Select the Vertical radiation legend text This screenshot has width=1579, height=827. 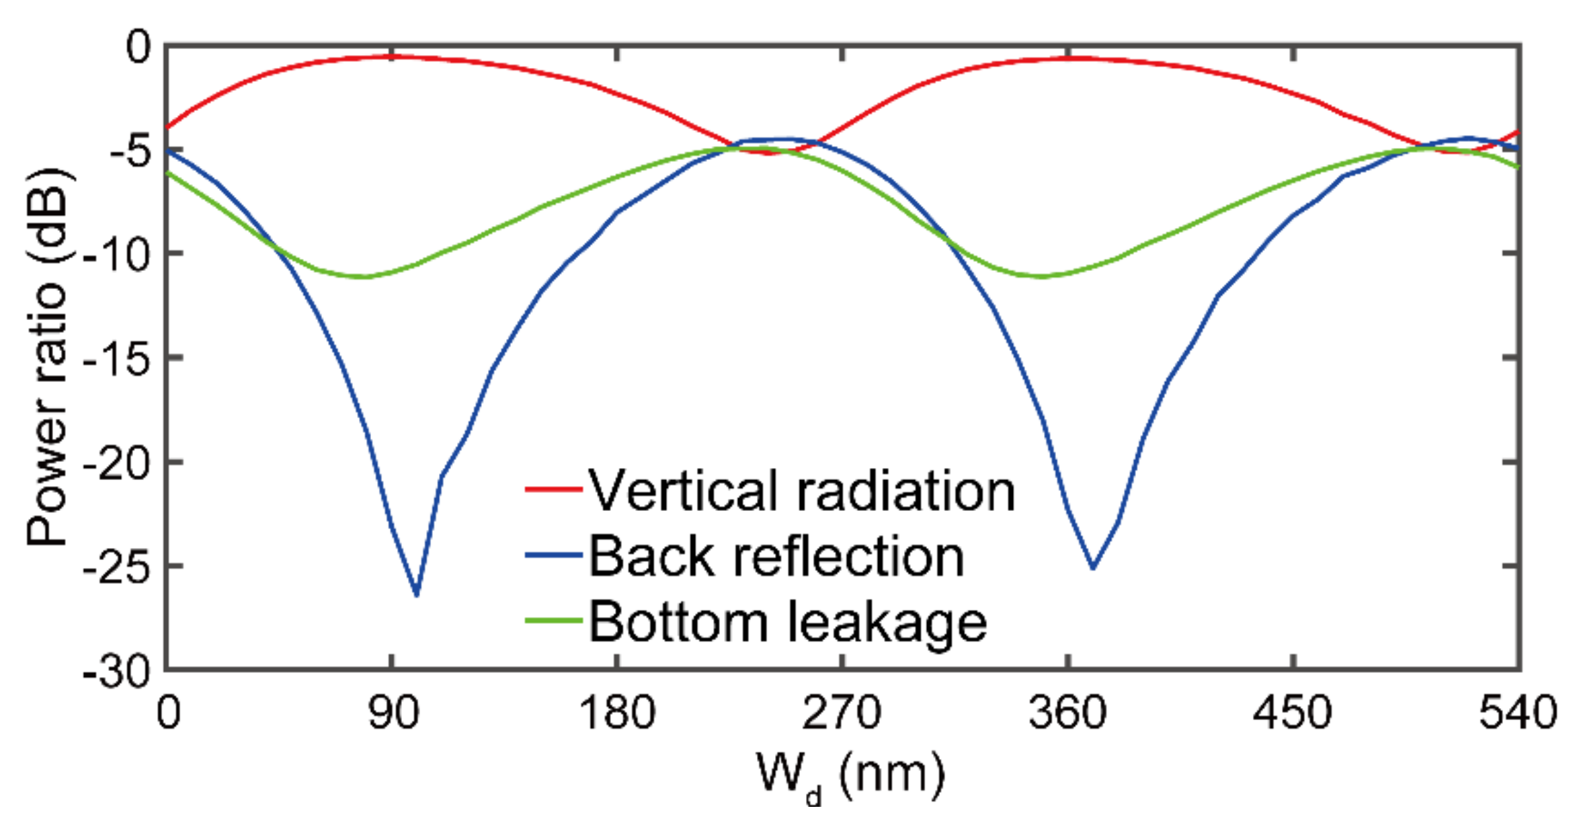click(802, 491)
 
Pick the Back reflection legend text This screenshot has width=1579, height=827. click(776, 557)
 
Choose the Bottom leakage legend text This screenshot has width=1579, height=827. click(787, 622)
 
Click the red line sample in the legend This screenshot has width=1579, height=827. click(553, 489)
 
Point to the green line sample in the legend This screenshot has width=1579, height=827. click(553, 620)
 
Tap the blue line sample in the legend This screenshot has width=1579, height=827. click(553, 555)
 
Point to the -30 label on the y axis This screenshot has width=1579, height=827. click(118, 672)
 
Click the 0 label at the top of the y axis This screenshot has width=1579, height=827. click(139, 48)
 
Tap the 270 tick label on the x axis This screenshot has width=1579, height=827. click(842, 713)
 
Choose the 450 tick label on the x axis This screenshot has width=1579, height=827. click(1292, 713)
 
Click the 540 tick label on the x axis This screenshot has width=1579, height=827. click(1517, 713)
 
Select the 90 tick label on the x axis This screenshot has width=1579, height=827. click(393, 713)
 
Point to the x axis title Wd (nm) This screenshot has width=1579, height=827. click(850, 775)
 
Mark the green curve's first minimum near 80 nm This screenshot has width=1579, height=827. click(365, 277)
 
